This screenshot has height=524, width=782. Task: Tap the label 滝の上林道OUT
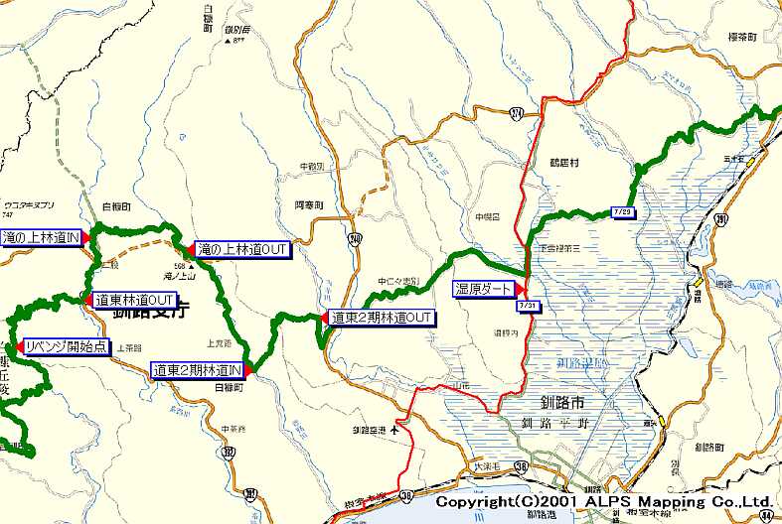[x=242, y=249]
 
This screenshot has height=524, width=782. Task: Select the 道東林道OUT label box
[x=135, y=300]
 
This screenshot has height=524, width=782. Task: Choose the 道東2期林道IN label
[x=198, y=370]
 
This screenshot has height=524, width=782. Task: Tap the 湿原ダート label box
[x=484, y=289]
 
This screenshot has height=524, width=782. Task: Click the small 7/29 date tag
[x=623, y=211]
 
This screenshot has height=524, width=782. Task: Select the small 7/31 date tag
[x=528, y=305]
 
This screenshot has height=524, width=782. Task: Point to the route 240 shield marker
[x=356, y=238]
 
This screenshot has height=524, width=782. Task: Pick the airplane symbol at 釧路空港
[x=396, y=430]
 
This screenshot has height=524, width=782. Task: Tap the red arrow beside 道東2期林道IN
[x=248, y=369]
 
